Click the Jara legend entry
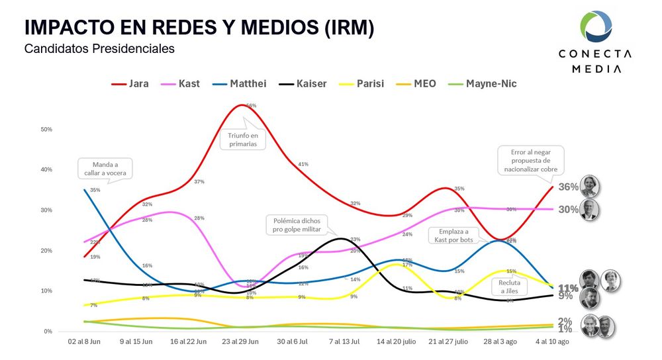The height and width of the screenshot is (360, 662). [130, 83]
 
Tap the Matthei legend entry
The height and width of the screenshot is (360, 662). [240, 83]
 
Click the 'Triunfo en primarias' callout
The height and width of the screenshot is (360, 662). [242, 138]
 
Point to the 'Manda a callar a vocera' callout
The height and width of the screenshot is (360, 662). [105, 168]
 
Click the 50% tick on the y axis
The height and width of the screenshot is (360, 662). [46, 129]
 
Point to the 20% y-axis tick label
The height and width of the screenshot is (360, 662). [46, 251]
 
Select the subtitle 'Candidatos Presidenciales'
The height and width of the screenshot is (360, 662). [99, 49]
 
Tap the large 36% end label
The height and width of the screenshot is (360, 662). [567, 187]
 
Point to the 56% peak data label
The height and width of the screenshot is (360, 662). [251, 106]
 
